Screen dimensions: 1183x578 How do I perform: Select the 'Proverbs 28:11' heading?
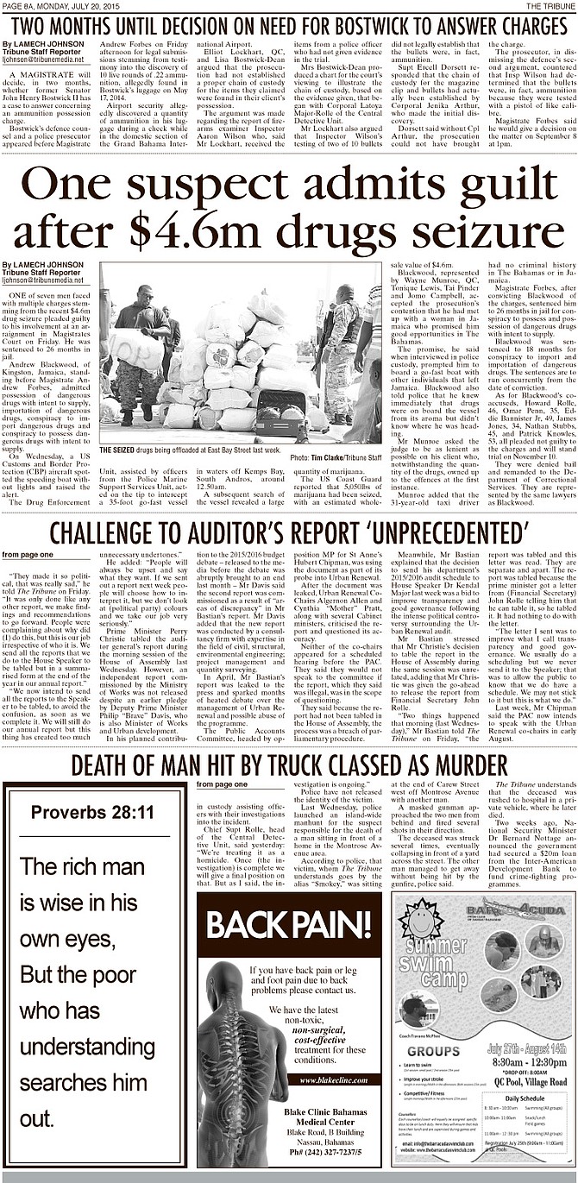[92, 813]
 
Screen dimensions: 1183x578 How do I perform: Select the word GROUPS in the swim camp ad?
[433, 1051]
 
